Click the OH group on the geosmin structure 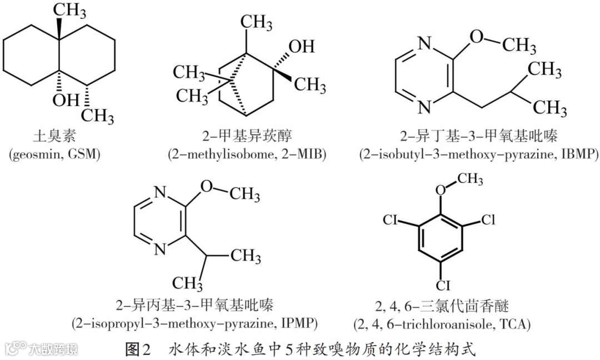[66, 100]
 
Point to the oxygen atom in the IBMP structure [477, 37]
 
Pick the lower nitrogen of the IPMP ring [160, 249]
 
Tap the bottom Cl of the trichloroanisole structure [442, 286]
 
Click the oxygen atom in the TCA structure [441, 191]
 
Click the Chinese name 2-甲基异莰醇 [247, 136]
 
